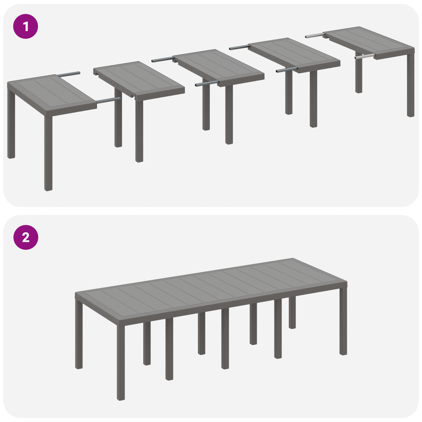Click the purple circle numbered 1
point(26,26)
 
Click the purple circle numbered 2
point(26,237)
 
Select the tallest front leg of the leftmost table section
point(48,153)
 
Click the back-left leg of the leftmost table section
point(11,124)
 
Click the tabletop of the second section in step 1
point(138,79)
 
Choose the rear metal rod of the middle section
point(162,59)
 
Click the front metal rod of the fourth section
point(286,70)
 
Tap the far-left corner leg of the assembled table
point(79,335)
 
